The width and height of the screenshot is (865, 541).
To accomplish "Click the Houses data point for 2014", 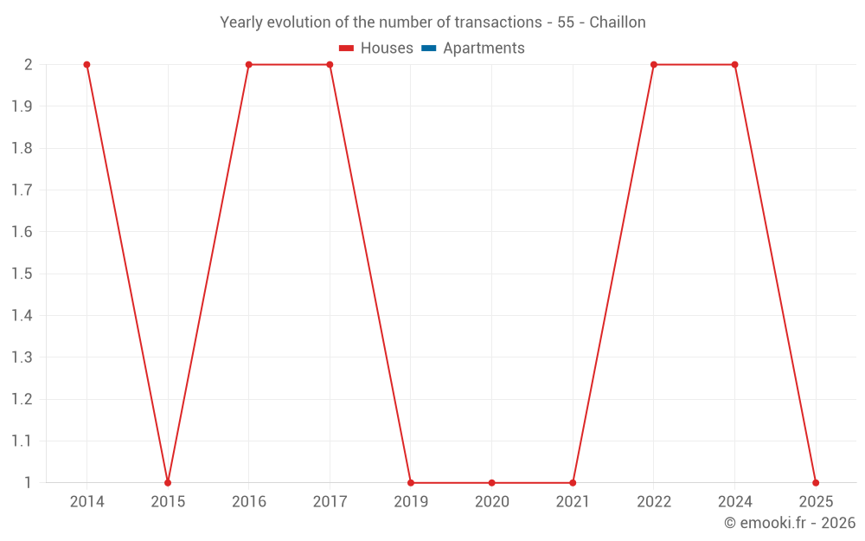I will [x=86, y=65].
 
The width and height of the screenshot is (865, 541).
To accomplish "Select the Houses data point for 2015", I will [x=168, y=482].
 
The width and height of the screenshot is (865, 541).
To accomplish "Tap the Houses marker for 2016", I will [x=248, y=65].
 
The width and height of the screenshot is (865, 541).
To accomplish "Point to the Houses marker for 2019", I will [x=411, y=482].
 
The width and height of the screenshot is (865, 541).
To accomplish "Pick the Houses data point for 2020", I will [x=491, y=482].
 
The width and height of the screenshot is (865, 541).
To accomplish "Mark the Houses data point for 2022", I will [x=654, y=65].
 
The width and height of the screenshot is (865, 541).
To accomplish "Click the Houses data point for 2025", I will [x=816, y=482].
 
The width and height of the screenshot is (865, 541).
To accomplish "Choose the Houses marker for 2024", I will [x=734, y=65].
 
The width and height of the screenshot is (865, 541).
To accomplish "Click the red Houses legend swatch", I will [x=346, y=48].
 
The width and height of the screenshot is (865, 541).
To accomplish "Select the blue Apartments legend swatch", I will [x=428, y=48].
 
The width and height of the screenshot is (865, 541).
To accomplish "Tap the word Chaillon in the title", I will [x=618, y=23].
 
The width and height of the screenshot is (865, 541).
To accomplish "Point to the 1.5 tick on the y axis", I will [x=22, y=274].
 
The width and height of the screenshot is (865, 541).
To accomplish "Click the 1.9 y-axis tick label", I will [x=22, y=106].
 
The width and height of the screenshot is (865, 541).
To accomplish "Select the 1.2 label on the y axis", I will [x=22, y=399].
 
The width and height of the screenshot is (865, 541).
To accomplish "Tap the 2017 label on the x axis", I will [x=330, y=502].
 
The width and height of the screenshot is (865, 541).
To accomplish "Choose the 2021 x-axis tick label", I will [x=573, y=502].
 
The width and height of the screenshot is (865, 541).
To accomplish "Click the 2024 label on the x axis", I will [x=734, y=502].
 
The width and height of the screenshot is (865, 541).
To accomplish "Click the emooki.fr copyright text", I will [x=790, y=523].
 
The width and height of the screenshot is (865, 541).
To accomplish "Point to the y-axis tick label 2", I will [x=28, y=65].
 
